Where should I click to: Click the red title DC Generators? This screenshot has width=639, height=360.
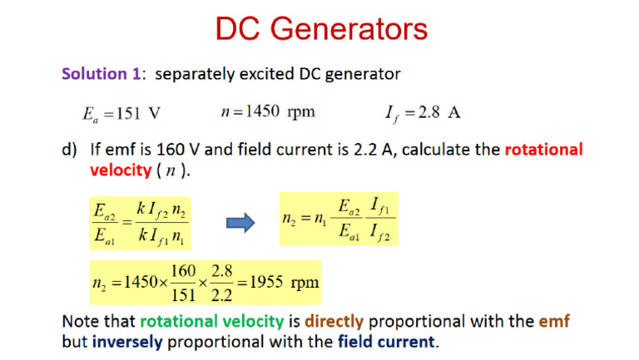point(321,28)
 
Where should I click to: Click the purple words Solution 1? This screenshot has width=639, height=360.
point(101,74)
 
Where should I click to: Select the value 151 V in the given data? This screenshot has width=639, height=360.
point(139,113)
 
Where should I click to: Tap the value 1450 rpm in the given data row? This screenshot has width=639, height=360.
point(280,111)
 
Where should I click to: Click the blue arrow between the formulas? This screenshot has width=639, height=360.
point(240,223)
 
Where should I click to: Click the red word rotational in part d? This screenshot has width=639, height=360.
point(544,150)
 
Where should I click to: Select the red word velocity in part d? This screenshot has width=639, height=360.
point(121,170)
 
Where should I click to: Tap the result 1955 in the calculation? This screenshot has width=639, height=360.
point(266,282)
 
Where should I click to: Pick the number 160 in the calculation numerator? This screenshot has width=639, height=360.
point(183,271)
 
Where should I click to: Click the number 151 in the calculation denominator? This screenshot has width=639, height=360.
point(183,294)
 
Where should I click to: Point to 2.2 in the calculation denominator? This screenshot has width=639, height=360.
point(221,294)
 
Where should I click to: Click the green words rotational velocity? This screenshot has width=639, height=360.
point(212,321)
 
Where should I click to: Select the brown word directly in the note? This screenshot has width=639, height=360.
point(334,321)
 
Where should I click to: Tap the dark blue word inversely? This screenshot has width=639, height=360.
point(127,342)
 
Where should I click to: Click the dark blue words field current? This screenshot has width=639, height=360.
point(386,342)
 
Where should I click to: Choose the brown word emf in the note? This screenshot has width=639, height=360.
point(554,321)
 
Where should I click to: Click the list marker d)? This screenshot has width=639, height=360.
point(69,150)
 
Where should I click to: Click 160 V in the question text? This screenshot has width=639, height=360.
point(178,150)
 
